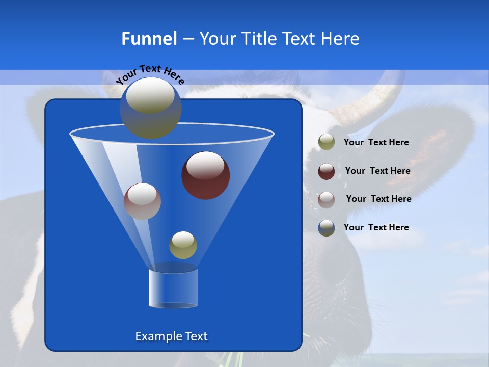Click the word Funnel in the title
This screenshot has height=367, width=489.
(149, 39)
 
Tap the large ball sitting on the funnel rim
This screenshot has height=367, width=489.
(151, 108)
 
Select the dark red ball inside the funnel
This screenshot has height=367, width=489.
(205, 175)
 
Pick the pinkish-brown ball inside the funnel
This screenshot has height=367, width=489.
(142, 201)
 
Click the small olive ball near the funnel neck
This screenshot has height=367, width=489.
(183, 245)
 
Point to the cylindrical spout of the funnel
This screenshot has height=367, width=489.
(173, 288)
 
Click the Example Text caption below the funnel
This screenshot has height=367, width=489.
(171, 336)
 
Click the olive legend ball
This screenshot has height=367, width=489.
(327, 142)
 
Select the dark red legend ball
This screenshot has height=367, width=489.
(327, 171)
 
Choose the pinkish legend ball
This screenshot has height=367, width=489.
(327, 199)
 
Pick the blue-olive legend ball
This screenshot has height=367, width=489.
(327, 228)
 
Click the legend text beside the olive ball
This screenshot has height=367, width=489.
(376, 143)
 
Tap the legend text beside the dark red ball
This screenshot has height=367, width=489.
(377, 171)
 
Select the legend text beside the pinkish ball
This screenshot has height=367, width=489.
(378, 199)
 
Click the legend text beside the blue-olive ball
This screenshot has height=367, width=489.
(376, 228)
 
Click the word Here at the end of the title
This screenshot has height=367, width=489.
(340, 39)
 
